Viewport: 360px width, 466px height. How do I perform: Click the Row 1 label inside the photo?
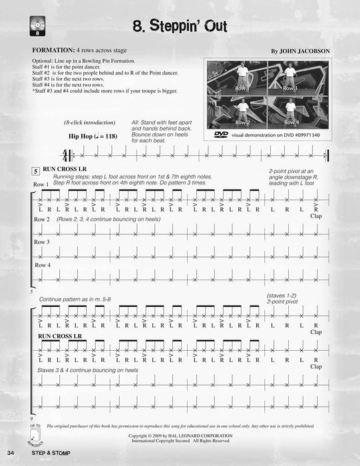[x=242, y=89]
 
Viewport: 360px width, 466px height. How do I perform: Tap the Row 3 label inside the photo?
[x=290, y=88]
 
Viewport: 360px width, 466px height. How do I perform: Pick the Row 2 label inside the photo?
[x=242, y=122]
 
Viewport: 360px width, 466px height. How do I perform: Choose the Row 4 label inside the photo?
[x=290, y=122]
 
